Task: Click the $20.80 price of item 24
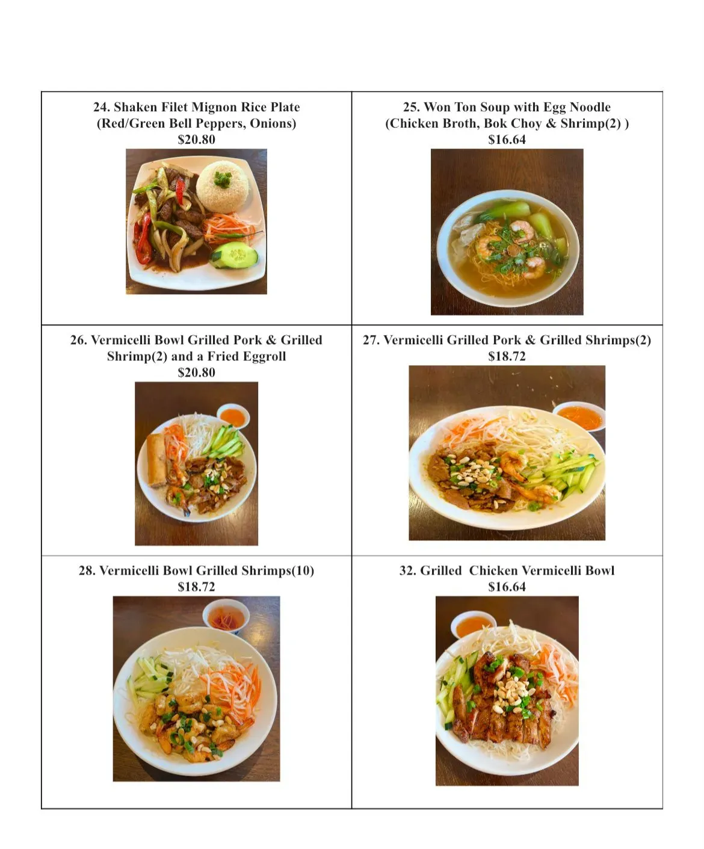pos(196,140)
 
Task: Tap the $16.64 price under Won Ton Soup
pos(507,140)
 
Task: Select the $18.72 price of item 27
pos(507,356)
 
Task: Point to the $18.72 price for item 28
pos(196,587)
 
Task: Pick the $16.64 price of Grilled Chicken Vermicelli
pos(507,587)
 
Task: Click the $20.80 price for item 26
pos(196,372)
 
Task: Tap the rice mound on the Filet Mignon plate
pos(223,187)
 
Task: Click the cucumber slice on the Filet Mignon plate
pos(234,255)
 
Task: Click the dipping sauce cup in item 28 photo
pos(226,616)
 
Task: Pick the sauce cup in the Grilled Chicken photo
pos(473,624)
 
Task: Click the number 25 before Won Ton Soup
pos(411,107)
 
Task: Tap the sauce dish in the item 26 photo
pos(233,416)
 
